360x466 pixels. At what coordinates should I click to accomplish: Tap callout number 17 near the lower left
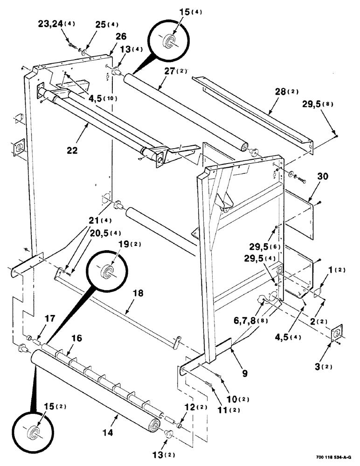coord(50,319)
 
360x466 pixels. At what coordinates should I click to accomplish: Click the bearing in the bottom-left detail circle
coord(33,430)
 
